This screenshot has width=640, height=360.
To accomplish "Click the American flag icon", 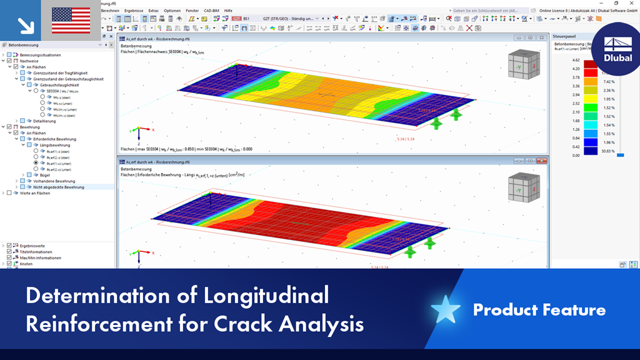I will point(71,21).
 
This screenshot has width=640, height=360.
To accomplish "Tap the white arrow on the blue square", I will point(26,26).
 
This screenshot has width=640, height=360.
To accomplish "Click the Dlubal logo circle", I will point(617,47).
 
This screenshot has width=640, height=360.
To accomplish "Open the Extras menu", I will point(153,11).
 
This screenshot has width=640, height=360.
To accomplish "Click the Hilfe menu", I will point(228,11).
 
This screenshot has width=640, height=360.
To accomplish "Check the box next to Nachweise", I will point(9,61).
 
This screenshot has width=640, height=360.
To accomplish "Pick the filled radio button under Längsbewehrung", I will point(36,163).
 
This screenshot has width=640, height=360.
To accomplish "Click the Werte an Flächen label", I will point(34,193).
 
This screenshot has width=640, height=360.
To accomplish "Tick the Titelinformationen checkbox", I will point(9,252).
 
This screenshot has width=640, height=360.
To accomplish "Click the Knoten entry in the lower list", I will point(26,264).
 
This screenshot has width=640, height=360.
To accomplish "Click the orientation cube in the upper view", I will point(522,64).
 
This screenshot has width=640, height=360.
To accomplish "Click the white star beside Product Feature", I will point(446,309).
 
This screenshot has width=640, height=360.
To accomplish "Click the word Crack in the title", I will point(239,325).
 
